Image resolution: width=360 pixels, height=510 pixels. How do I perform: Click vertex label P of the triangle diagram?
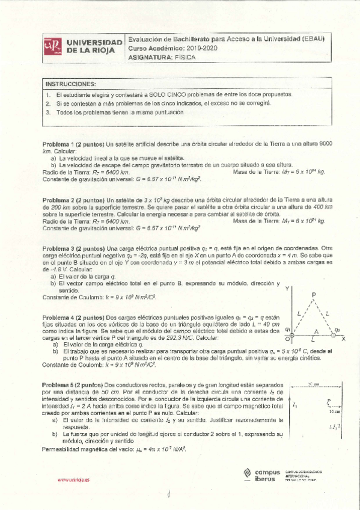(314, 295)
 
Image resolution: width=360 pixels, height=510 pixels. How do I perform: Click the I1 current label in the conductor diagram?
(294, 405)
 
